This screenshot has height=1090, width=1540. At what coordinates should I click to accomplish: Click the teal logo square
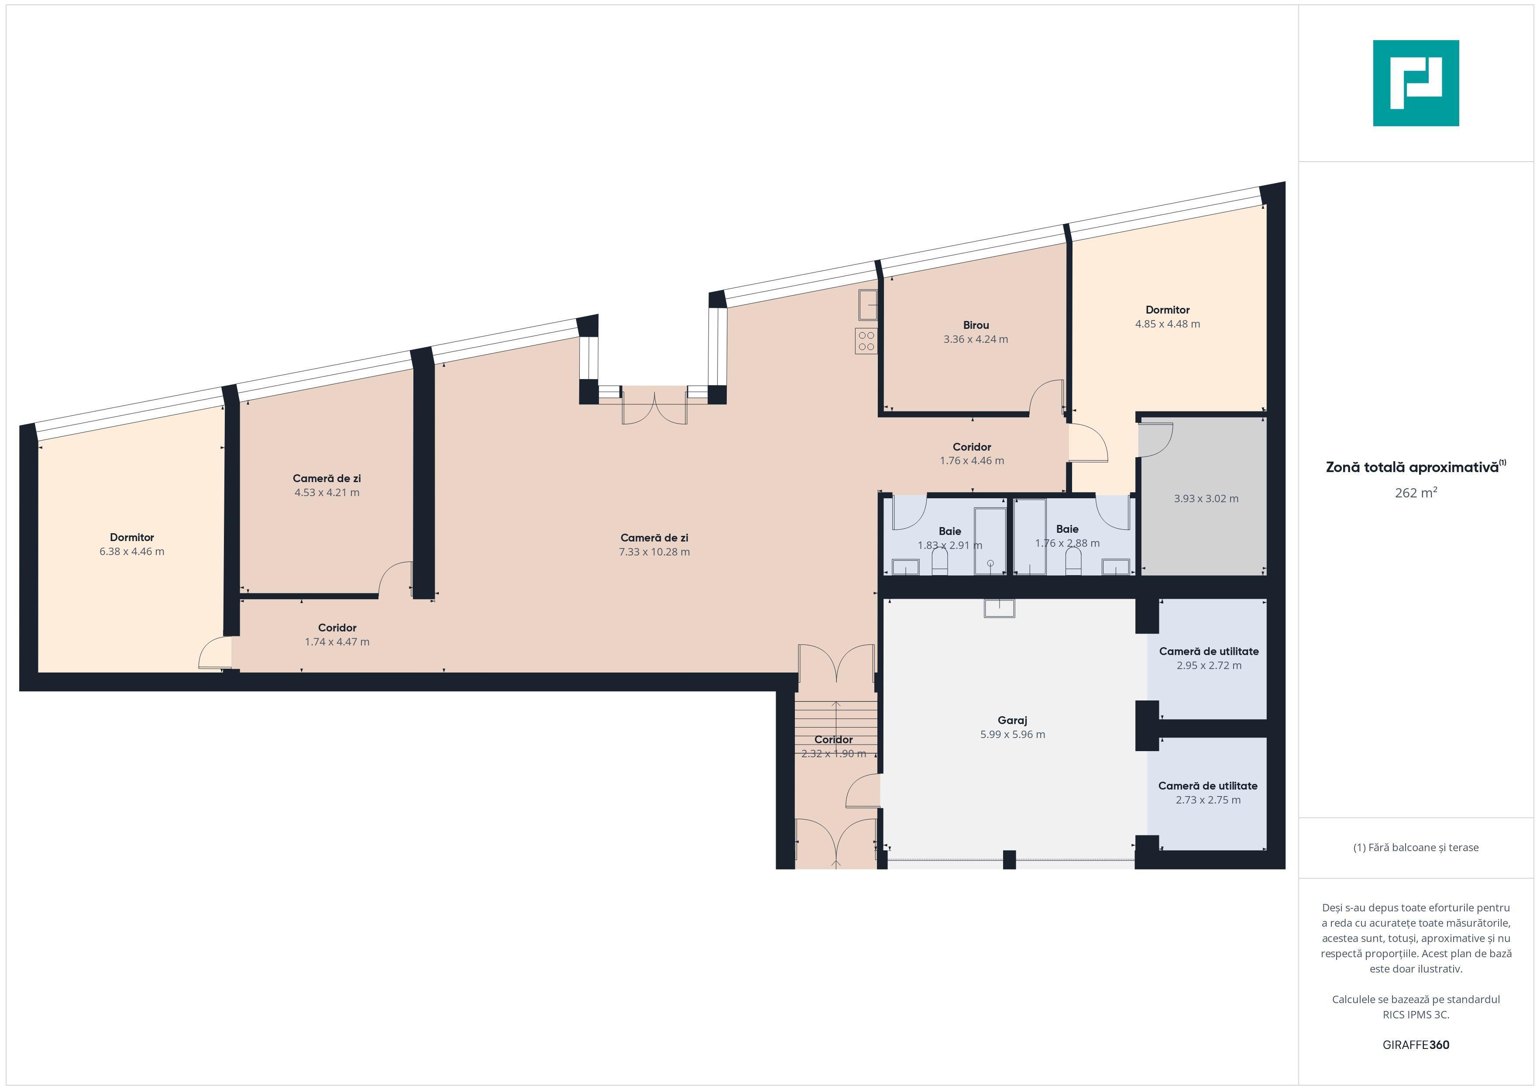1416,83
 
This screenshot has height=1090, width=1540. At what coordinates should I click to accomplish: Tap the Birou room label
976,325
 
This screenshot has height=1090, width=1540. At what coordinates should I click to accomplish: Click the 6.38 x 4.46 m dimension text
132,552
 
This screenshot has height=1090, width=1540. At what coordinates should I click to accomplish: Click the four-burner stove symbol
866,341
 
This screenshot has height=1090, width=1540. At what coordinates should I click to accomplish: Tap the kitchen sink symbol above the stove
868,305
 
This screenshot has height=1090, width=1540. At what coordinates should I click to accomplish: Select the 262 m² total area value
1416,493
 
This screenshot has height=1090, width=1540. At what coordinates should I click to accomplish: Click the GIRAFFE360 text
1416,1045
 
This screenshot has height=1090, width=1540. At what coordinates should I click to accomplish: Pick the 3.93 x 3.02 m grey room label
1206,499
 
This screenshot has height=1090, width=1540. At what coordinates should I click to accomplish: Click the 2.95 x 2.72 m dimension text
1209,665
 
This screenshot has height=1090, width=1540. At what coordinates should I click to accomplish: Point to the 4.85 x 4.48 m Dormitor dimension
1168,324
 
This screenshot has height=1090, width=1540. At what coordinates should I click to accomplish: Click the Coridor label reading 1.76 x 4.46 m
972,454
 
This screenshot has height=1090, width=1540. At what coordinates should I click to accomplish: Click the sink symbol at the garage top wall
1000,608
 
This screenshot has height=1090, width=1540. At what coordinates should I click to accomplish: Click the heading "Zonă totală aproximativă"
1412,467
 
